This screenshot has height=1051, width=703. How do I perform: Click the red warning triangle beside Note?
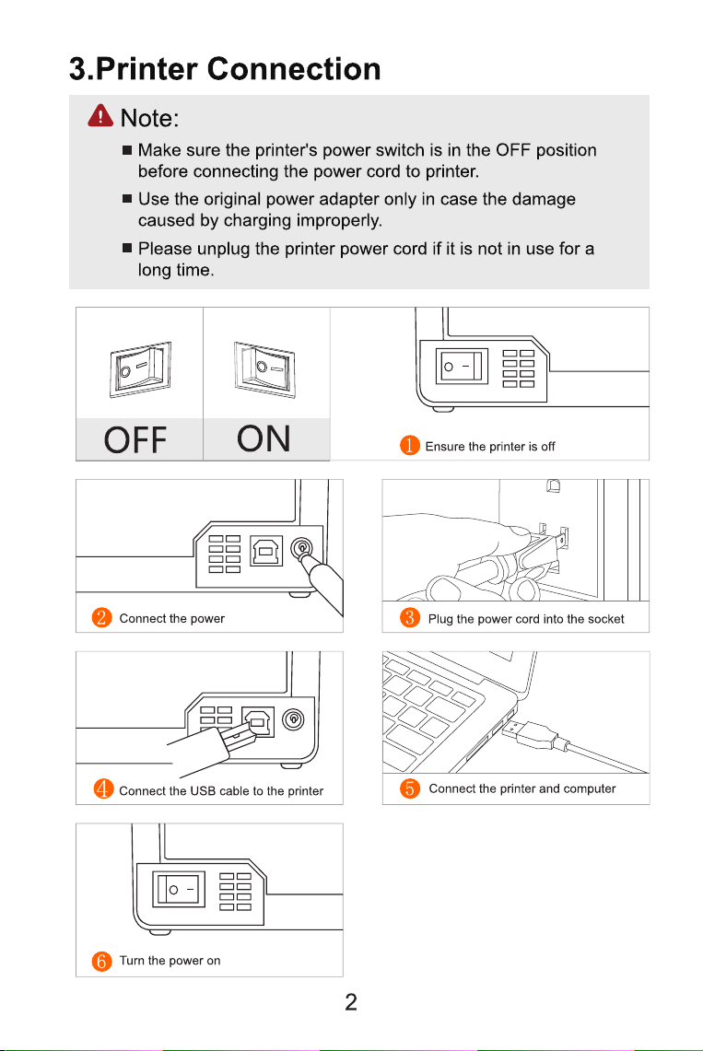coord(100,115)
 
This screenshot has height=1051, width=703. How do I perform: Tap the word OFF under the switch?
coord(135,440)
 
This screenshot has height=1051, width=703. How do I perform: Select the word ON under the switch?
coord(264,439)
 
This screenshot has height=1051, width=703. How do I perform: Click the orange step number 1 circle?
coord(409,446)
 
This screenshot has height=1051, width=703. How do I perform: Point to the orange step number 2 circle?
coord(102,617)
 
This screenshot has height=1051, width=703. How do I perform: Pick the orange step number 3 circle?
coord(409,617)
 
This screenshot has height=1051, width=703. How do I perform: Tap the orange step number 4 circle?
coord(104,788)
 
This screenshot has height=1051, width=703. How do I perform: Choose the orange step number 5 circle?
coord(409,788)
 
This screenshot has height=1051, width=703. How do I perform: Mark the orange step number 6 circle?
coord(102,961)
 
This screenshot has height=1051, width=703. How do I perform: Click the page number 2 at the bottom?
coord(351,1002)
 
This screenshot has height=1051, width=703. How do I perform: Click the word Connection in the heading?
coord(294,68)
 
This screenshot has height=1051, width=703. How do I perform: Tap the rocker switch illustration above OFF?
coord(140,369)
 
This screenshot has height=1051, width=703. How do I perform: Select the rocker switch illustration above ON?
coord(264,368)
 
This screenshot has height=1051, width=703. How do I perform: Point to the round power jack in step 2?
coord(301,549)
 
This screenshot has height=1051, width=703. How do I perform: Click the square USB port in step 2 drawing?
coord(266,551)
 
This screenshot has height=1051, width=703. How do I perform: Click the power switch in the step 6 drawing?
coord(178,890)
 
